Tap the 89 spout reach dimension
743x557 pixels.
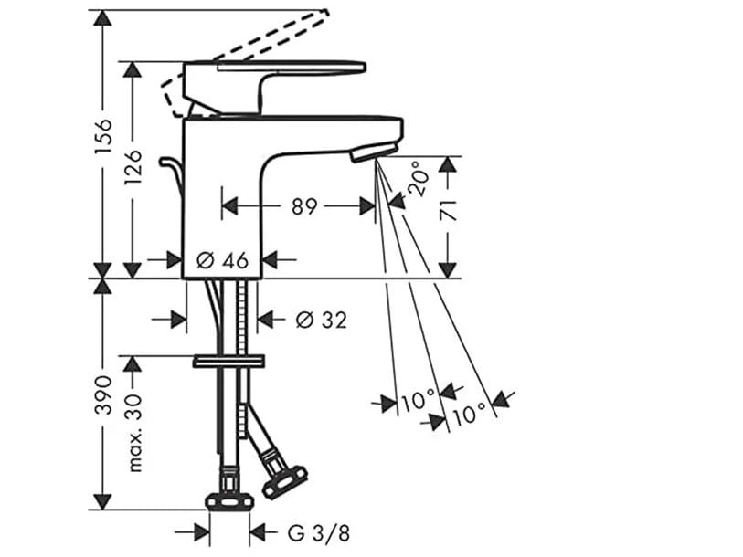point(304,206)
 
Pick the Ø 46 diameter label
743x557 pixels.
point(223,260)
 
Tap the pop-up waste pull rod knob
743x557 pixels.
point(167,163)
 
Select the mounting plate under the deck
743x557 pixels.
point(228,362)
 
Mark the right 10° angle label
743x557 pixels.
point(467,415)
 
